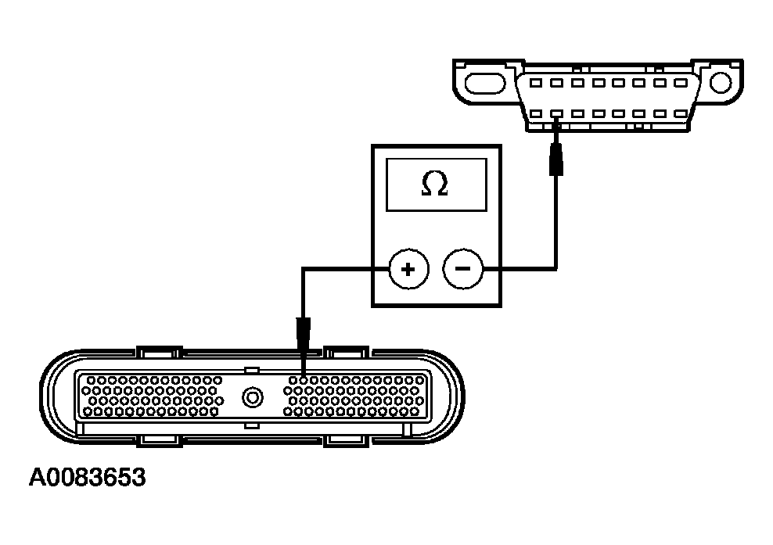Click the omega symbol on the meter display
click(434, 184)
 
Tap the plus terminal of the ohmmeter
click(407, 270)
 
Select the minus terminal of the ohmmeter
click(462, 270)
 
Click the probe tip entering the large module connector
click(303, 336)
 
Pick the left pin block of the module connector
click(153, 396)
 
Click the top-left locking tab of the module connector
click(158, 352)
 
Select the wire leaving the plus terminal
click(344, 270)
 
